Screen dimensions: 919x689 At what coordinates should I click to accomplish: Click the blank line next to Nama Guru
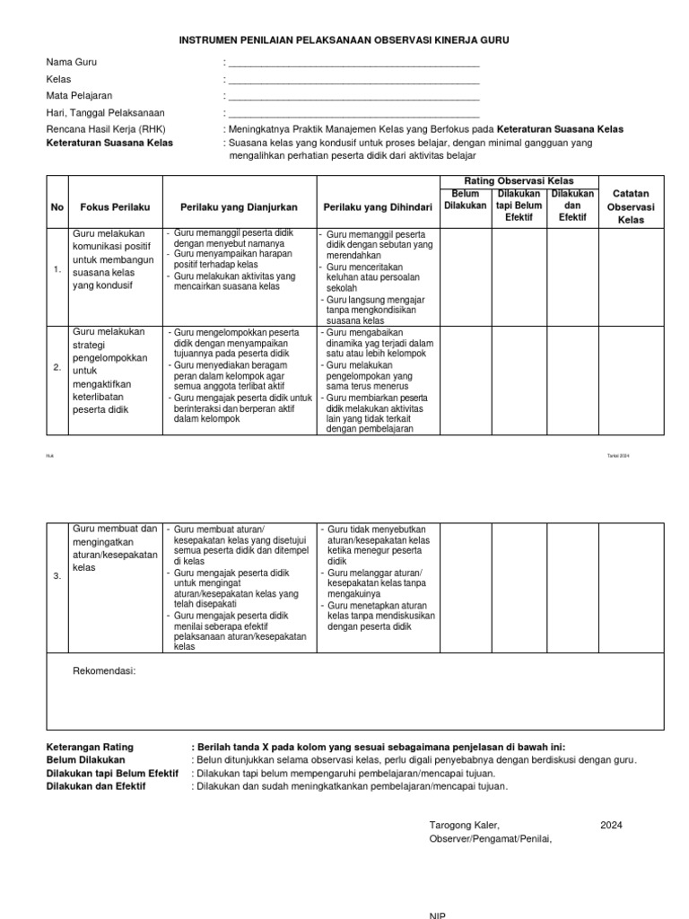[353, 64]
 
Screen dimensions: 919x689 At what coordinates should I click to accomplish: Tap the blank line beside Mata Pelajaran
[353, 96]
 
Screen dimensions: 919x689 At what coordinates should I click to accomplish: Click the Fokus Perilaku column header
[116, 206]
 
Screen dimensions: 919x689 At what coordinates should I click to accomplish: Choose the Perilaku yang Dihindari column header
[378, 206]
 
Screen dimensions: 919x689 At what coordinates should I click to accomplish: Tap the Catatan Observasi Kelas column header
[632, 206]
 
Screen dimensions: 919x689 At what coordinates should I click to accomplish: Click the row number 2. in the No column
[57, 367]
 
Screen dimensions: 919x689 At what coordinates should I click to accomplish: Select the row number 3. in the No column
[57, 576]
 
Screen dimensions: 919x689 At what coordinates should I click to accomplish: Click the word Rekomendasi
[103, 670]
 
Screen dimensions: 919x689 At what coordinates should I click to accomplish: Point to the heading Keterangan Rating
[89, 747]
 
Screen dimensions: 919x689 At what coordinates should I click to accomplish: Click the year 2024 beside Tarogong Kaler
[611, 825]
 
